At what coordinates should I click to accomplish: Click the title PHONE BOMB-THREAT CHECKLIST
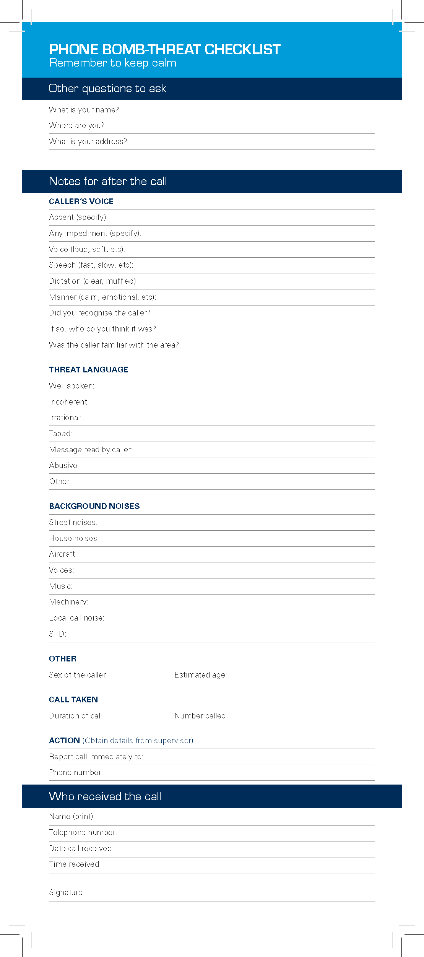coord(165,49)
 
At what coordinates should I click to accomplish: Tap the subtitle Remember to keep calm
coord(113,63)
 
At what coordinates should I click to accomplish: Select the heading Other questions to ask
coord(107,89)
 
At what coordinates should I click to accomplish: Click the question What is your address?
coord(88,141)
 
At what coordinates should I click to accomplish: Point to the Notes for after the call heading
coord(108,181)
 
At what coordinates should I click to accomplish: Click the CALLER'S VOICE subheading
coord(81,201)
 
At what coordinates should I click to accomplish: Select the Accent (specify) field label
coord(78,217)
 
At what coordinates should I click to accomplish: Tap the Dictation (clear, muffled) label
coord(93,281)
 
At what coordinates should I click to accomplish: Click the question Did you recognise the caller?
coord(99,313)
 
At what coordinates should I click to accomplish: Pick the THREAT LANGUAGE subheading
coord(88,370)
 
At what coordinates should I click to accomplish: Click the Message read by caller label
coord(91,450)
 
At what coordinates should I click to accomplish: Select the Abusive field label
coord(64,465)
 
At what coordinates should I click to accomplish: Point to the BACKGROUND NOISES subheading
coord(94,506)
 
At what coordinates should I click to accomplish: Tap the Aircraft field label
coord(63,554)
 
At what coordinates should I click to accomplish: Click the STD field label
coord(57,634)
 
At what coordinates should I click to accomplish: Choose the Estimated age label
coord(200,675)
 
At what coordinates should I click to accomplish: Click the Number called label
coord(201,716)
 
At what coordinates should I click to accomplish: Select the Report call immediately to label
coord(96,757)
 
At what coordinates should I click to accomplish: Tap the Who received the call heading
coord(105,796)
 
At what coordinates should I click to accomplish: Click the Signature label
coord(67,892)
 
